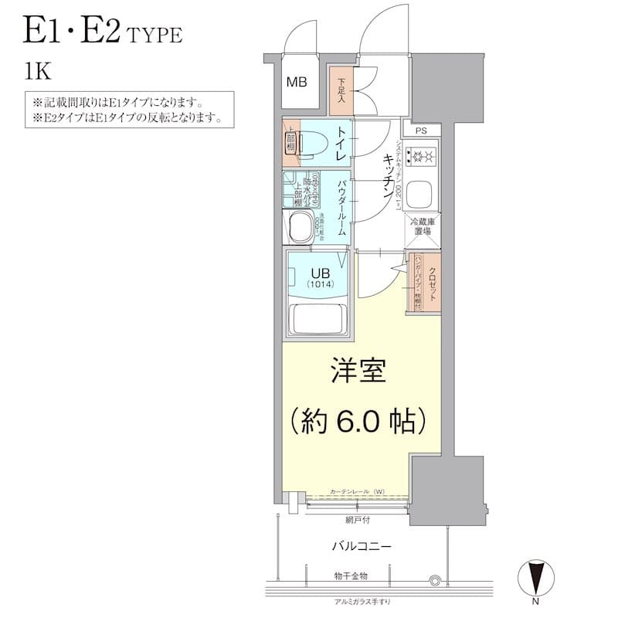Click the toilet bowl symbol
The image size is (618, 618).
(312, 144)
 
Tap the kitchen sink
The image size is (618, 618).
(423, 192)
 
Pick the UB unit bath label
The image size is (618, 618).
(320, 273)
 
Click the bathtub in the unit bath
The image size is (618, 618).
(318, 317)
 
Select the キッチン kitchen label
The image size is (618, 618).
(384, 177)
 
